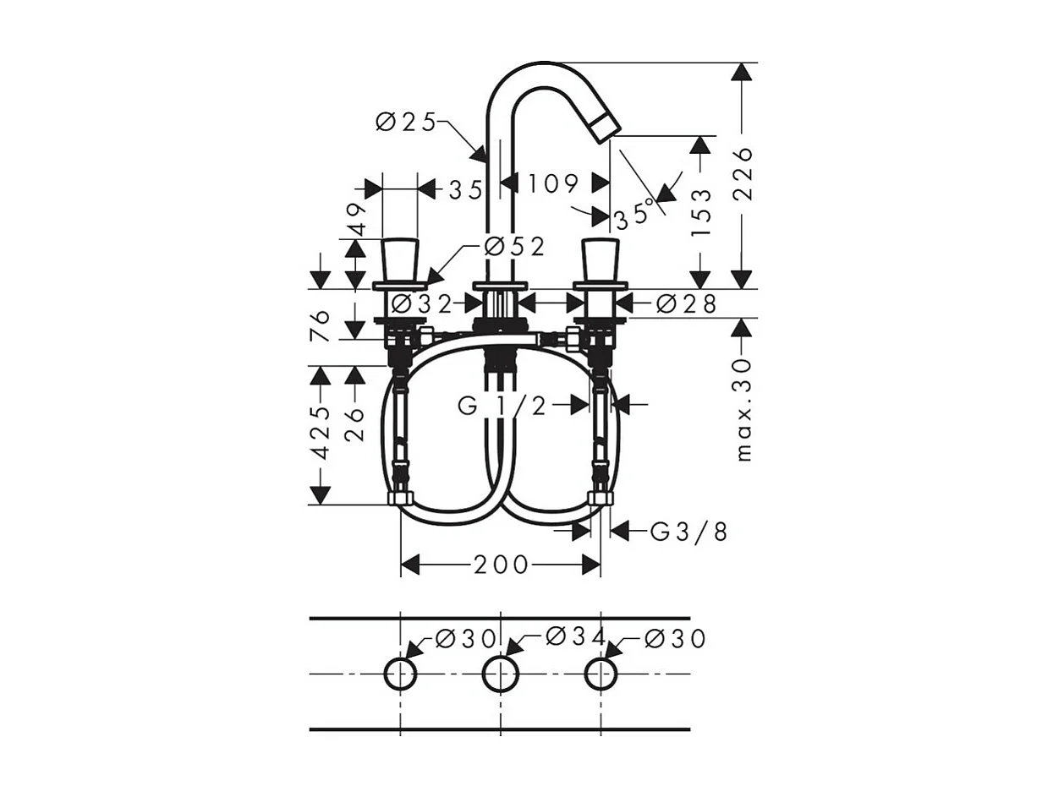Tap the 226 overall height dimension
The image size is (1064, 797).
742,173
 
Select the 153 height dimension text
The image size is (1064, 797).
701,211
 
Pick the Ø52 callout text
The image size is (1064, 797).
513,247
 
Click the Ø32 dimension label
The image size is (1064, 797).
422,303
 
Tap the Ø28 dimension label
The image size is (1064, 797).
686,303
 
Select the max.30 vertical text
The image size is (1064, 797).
743,409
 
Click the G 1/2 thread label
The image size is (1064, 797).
502,407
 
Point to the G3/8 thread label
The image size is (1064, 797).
688,532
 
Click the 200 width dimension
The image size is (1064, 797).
501,565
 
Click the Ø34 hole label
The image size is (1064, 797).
576,636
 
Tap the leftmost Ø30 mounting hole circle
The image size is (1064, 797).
401,674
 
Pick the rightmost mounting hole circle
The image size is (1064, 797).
601,674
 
